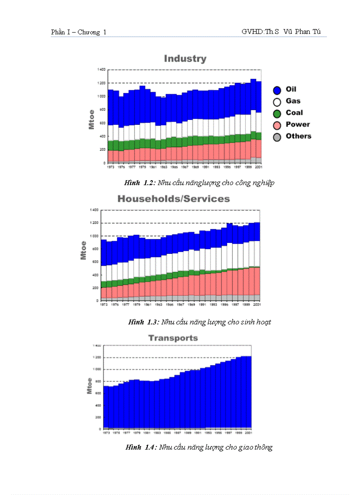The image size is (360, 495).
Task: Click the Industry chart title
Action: (x=185, y=59)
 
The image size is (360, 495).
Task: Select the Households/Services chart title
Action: (x=173, y=199)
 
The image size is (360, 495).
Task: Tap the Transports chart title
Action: (x=173, y=338)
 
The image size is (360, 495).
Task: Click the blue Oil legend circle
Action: (x=277, y=90)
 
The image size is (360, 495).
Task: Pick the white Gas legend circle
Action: (x=277, y=102)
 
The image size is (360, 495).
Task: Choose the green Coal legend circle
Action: (x=277, y=113)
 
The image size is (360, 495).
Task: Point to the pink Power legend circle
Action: (x=277, y=125)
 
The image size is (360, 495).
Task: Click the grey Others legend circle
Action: (x=277, y=137)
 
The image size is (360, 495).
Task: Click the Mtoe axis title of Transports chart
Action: (x=90, y=386)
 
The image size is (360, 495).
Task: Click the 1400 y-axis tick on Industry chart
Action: (x=101, y=70)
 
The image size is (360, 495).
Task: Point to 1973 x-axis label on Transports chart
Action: (x=106, y=433)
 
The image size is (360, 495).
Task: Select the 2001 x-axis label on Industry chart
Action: (x=259, y=167)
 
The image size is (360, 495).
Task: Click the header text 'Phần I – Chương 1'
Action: (x=79, y=32)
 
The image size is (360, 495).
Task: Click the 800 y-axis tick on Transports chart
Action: (x=96, y=381)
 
